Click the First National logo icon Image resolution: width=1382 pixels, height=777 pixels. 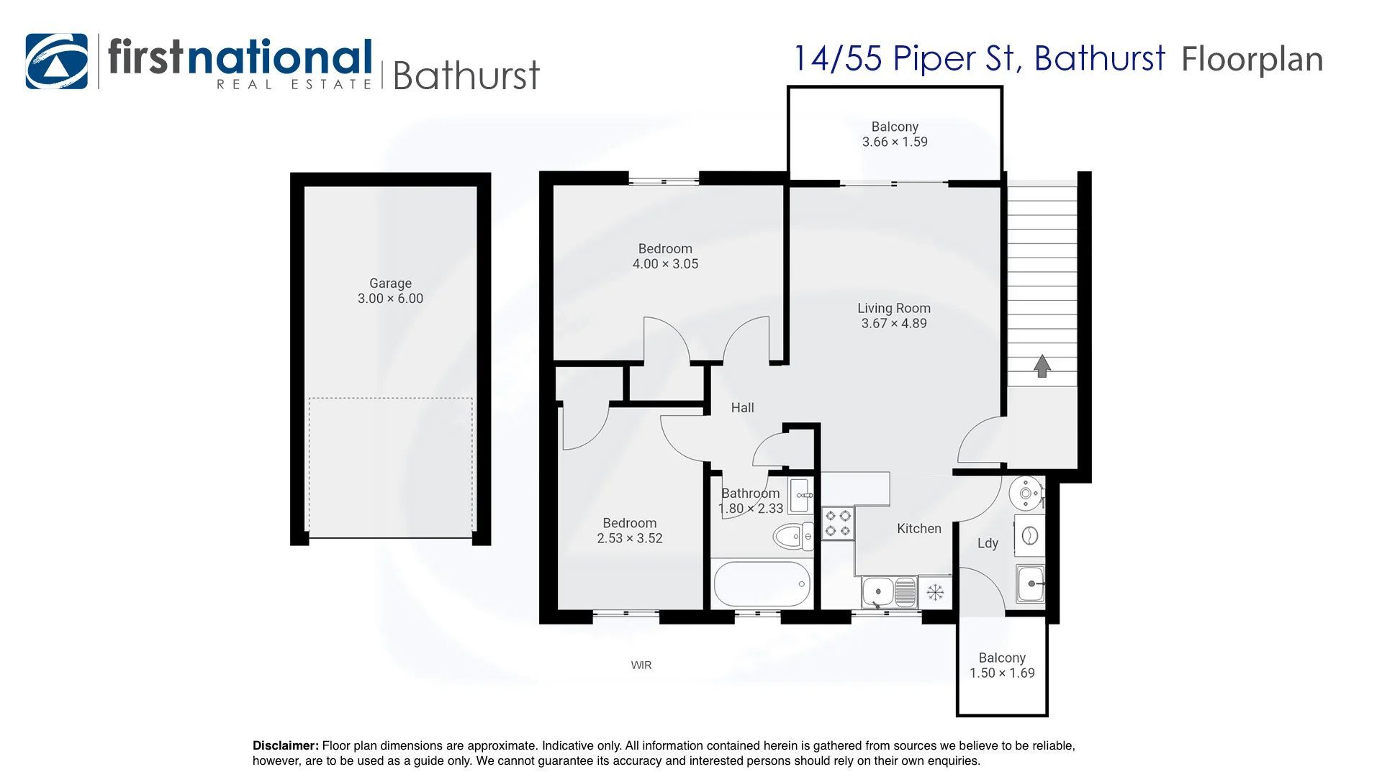[x=57, y=61]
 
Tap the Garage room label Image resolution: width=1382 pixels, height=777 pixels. [x=390, y=283]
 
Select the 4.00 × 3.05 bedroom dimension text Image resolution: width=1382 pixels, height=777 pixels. [x=665, y=264]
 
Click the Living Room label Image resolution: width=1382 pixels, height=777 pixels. [x=894, y=308]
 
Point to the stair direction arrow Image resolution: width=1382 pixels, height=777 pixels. [x=1042, y=366]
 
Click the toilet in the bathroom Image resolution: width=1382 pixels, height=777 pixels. [x=792, y=536]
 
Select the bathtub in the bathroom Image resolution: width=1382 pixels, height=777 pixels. [x=762, y=583]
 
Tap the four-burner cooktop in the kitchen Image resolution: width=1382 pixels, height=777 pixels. [x=838, y=524]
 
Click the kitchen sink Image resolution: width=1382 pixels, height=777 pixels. [x=889, y=592]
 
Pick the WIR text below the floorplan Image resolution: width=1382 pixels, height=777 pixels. [x=641, y=665]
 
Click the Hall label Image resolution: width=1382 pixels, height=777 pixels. [x=742, y=408]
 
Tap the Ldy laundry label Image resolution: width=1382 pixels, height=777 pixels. [x=988, y=543]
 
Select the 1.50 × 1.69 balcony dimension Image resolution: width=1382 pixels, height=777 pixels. [x=1002, y=673]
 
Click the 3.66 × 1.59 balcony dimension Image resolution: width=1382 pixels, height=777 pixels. [x=895, y=142]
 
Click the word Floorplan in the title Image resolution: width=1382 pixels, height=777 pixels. [x=1252, y=60]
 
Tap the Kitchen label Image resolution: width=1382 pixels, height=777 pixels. [x=919, y=529]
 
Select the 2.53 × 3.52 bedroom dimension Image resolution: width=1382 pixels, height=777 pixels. [x=630, y=538]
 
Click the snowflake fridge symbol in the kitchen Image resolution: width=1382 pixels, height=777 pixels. [x=935, y=593]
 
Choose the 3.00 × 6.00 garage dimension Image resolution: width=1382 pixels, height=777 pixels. [x=390, y=299]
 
